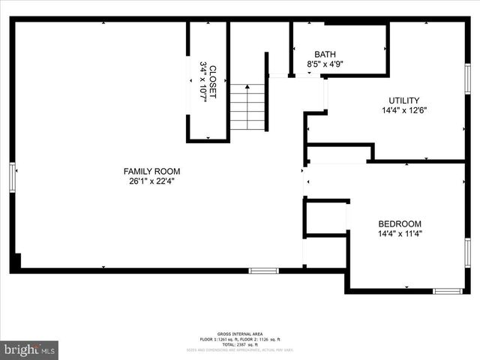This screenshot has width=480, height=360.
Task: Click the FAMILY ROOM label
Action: point(152,170)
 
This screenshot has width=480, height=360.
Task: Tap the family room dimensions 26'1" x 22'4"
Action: point(152,180)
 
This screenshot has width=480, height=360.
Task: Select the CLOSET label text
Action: point(212,81)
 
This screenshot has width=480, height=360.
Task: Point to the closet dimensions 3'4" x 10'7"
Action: point(202,81)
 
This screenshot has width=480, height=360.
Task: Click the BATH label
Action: point(325,54)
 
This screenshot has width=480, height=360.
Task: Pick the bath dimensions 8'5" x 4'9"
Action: point(325,64)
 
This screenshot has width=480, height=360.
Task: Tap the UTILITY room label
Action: point(403,100)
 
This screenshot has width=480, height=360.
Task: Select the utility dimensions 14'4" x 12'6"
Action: point(403,110)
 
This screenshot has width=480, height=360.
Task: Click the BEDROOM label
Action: point(399,223)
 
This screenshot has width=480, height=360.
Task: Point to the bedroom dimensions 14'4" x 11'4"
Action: point(399,233)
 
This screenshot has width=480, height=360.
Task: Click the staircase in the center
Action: point(247,107)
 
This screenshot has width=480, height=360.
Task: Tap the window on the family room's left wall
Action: point(12,178)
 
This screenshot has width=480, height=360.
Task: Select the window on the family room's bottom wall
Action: point(263,270)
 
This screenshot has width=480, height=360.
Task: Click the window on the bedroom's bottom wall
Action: point(448,291)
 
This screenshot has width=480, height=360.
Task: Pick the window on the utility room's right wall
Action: point(467,79)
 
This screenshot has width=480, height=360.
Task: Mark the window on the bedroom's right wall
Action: point(467,253)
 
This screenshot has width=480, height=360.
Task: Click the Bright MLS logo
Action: point(30,349)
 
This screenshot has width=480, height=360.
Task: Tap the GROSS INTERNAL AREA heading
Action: point(239,334)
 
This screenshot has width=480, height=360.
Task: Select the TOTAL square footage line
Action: point(239,343)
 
